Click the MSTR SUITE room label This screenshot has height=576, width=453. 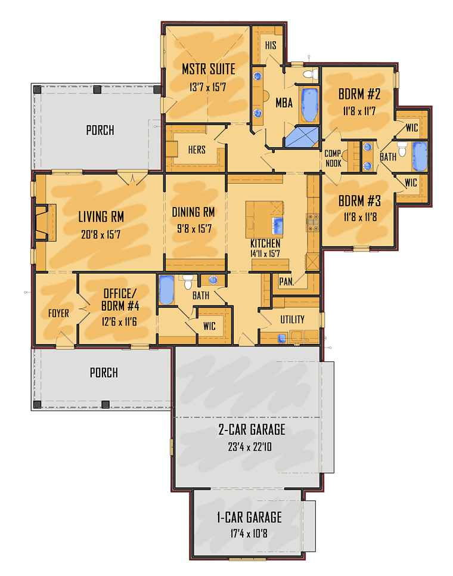pos(209,69)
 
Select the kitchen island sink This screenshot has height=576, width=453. pos(277,225)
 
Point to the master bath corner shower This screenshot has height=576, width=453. pos(302,137)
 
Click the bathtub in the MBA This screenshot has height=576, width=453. pos(309,105)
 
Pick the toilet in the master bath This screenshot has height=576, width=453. pos(311,74)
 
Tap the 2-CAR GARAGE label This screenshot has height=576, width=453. pos(252,429)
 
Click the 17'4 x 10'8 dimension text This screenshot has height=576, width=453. pos(249,534)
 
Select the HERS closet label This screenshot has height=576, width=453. pos(197,150)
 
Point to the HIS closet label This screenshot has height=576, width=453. pos(271,45)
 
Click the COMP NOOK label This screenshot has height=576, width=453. pos(333,159)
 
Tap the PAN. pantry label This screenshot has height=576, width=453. pos(287,282)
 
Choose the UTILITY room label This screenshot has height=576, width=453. pos(292,320)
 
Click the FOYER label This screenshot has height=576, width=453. pos(59,314)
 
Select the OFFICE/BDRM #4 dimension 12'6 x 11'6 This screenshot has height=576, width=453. pos(119,322)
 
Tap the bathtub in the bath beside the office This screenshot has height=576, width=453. pos(166,290)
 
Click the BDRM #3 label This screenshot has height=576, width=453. pos(359,201)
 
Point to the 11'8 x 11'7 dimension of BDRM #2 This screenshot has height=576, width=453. pos(359,111)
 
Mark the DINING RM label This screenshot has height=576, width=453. pos(194,212)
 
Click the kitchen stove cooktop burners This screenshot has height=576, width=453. pos(313,223)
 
